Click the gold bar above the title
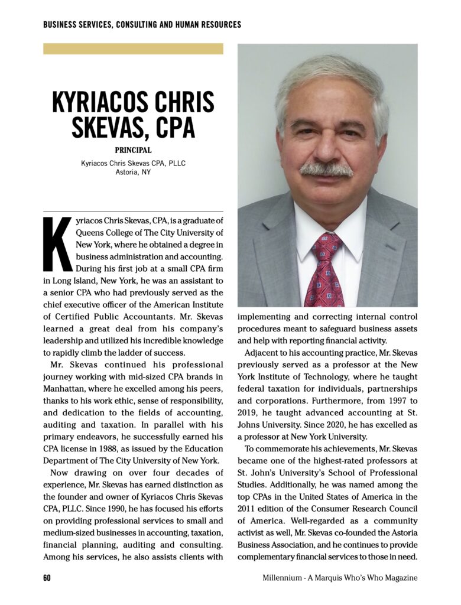click(133, 48)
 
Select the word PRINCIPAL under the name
click(133, 150)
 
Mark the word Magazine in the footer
click(398, 578)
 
